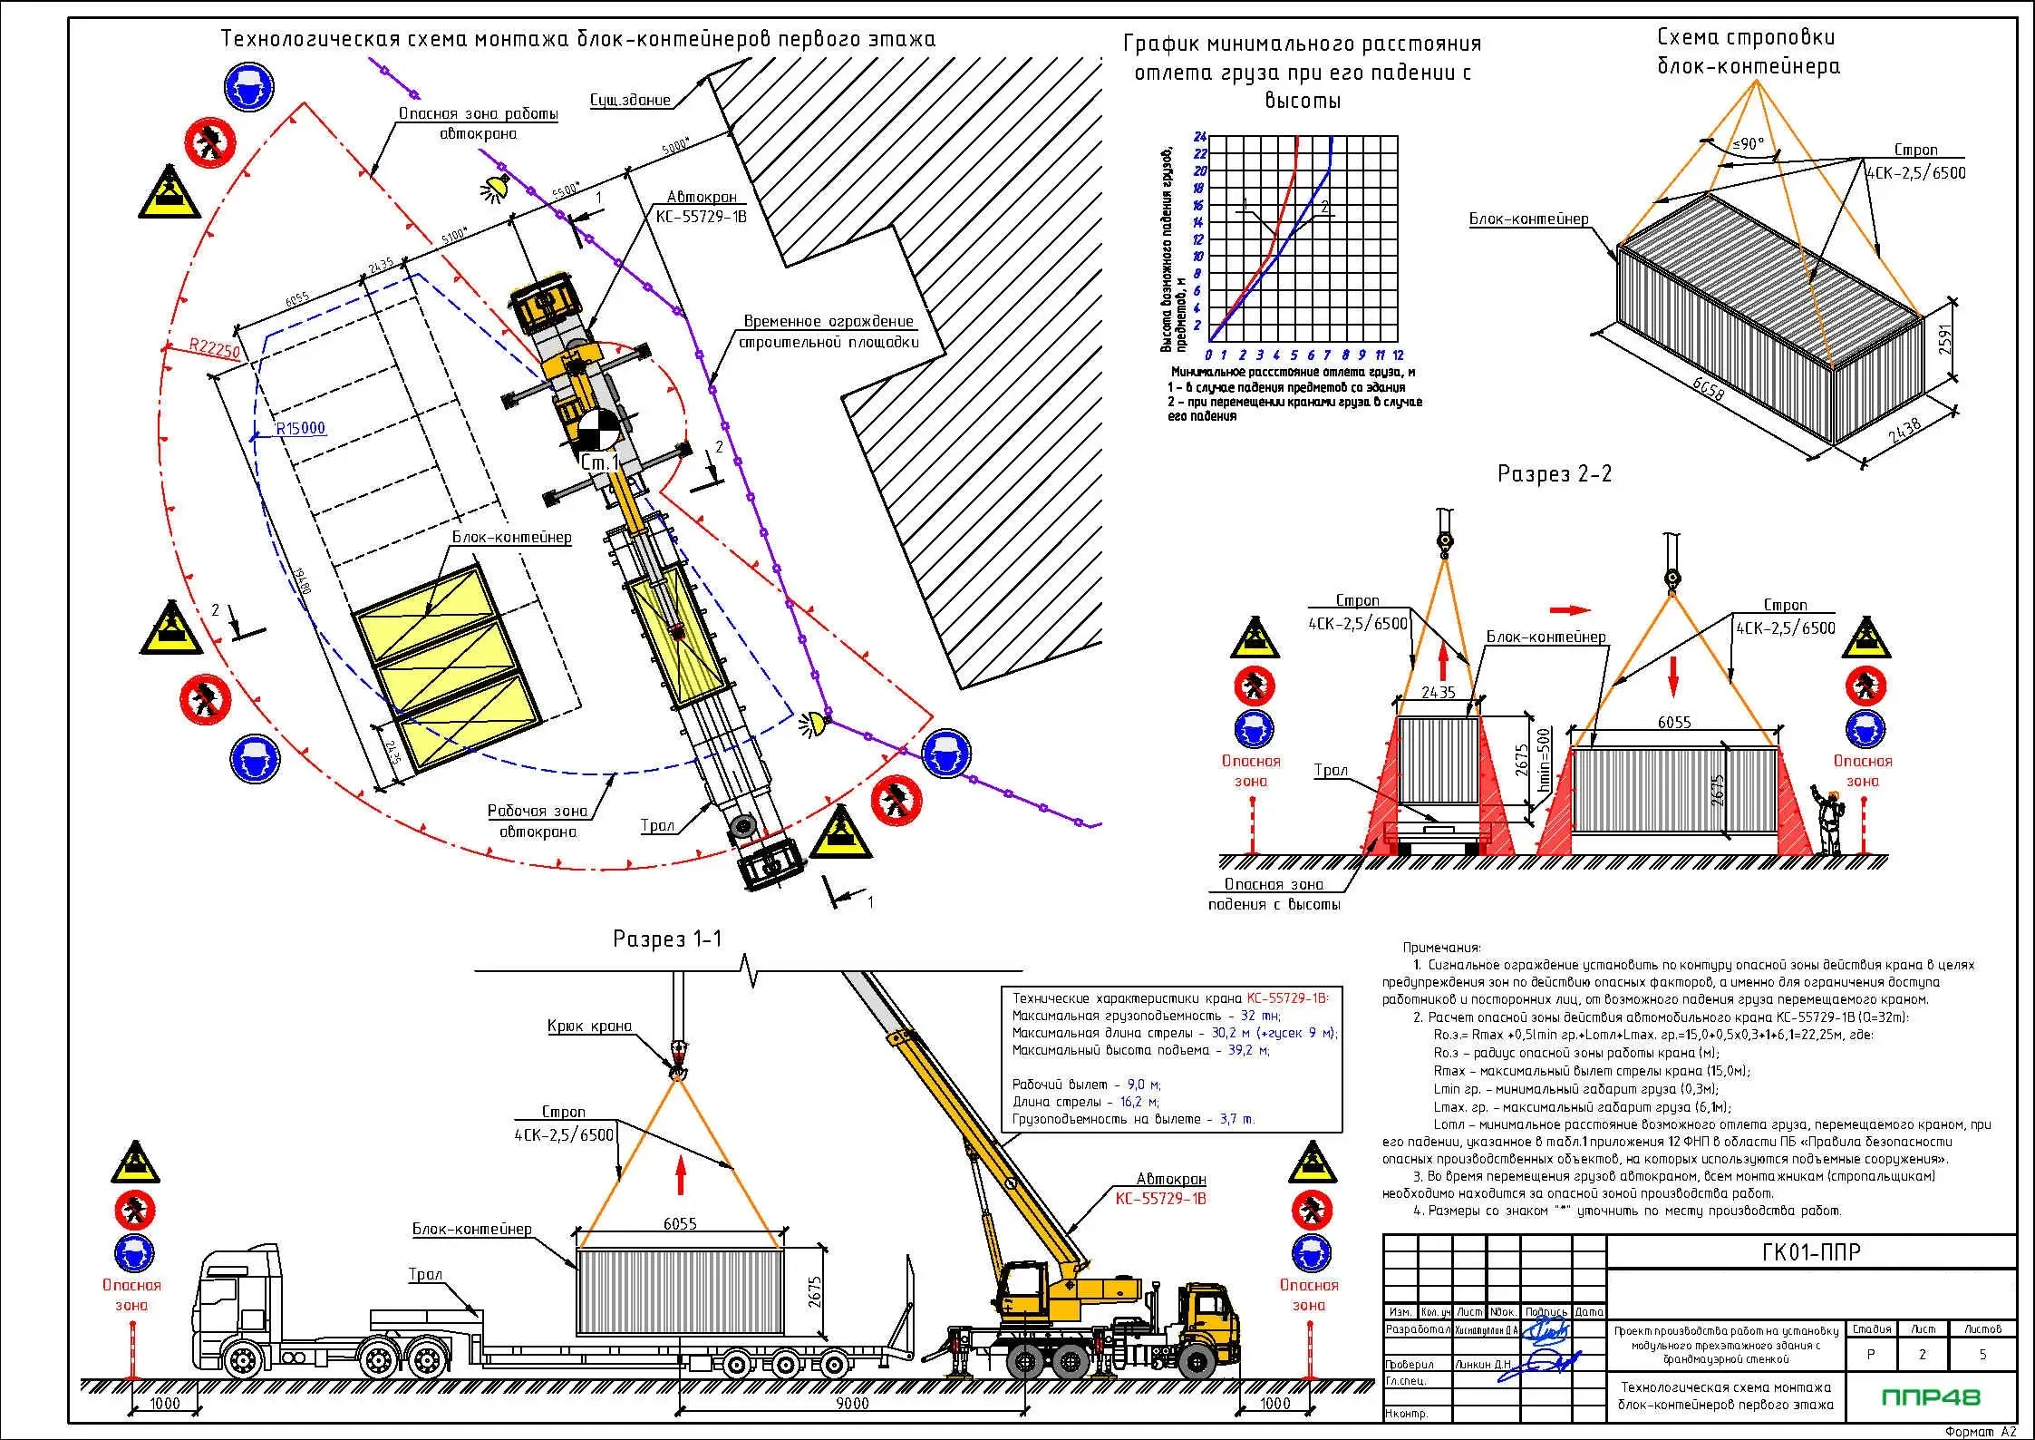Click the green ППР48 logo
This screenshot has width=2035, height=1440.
pos(1930,1397)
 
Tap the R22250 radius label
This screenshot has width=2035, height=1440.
pos(215,347)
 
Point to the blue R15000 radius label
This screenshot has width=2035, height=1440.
pos(300,428)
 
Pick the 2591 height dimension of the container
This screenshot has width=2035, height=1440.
pos(1944,340)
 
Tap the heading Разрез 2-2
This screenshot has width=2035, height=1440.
pos(1555,474)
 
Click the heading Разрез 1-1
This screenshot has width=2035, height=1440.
pos(667,939)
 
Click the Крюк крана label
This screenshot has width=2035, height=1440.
pos(589,1026)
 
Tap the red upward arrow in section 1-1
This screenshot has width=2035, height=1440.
pos(681,1177)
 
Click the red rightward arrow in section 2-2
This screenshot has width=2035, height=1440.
pos(1571,609)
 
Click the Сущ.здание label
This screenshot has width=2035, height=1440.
pos(630,100)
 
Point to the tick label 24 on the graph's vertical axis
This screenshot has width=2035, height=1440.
pos(1200,137)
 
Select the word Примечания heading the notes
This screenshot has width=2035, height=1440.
pos(1441,948)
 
